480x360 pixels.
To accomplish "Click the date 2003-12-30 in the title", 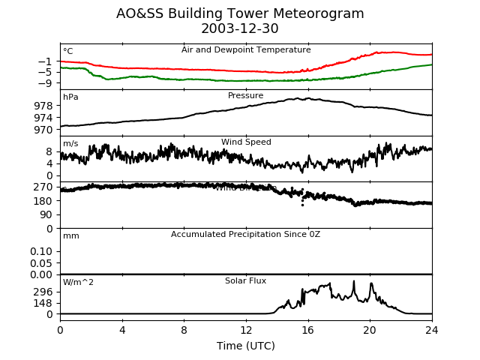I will click(x=240, y=29).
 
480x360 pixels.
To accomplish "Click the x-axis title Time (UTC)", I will click(x=246, y=346).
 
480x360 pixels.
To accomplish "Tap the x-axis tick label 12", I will click(x=246, y=329).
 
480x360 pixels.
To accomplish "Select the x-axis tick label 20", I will click(x=370, y=329).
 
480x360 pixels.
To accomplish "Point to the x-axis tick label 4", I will click(x=122, y=329).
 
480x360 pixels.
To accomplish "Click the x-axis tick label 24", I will click(x=432, y=329).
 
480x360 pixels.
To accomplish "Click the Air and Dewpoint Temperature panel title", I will click(x=246, y=50).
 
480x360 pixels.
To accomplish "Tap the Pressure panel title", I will click(x=246, y=96).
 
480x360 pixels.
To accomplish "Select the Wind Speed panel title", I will click(x=246, y=142).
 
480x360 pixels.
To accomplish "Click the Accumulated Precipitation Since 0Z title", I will click(x=246, y=235).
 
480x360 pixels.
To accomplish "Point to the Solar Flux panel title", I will click(x=246, y=281).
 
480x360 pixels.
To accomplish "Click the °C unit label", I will click(x=68, y=52).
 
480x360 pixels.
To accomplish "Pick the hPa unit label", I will click(x=70, y=97).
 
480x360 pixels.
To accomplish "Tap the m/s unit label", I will click(x=70, y=144).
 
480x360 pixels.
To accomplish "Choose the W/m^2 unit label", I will click(x=78, y=283).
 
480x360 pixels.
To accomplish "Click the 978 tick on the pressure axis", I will click(x=44, y=106).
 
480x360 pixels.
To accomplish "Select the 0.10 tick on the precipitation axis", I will click(x=42, y=251).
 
